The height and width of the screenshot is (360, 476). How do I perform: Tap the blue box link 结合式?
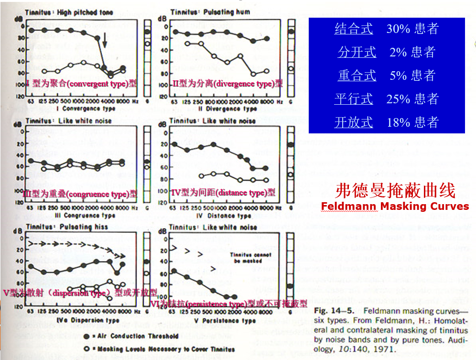pos(354,29)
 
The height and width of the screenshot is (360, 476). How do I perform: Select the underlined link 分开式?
pos(357,52)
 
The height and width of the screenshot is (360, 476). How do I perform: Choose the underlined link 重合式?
pos(357,75)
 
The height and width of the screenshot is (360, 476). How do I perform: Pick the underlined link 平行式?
pos(354,98)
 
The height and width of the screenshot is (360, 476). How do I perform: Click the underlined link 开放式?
pos(354,122)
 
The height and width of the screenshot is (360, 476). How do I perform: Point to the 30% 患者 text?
pos(412,29)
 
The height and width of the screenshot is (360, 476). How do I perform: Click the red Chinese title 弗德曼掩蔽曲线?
pos(395,191)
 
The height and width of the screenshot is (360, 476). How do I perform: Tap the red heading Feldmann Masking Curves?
pos(395,207)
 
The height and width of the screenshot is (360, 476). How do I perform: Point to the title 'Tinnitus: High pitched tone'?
pos(69,12)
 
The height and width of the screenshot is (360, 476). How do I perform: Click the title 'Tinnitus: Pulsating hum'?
pos(210,12)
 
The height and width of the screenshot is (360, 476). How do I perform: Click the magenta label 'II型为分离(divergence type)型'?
pos(227,84)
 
